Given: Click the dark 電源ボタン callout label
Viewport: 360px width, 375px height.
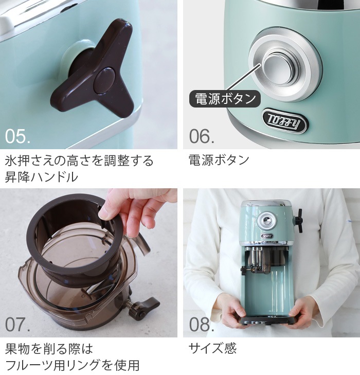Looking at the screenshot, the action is tap(225, 99).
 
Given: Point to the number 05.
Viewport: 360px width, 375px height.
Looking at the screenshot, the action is tap(17, 136).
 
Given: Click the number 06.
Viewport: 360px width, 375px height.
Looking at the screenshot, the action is tap(202, 136).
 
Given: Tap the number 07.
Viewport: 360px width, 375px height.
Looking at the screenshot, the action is tap(17, 325).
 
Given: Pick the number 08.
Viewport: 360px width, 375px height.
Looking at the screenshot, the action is tap(202, 325).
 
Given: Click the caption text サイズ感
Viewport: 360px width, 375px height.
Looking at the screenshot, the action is tap(212, 348).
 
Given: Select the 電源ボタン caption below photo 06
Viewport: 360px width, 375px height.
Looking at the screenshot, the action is tap(219, 160).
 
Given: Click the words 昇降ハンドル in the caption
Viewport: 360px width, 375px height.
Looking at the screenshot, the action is tap(41, 177).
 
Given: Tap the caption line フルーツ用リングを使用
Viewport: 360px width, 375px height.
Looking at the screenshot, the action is tap(72, 365).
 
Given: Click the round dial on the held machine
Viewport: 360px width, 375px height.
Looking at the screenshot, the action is tap(266, 220).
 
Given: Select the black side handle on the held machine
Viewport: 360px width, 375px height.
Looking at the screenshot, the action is tap(298, 221).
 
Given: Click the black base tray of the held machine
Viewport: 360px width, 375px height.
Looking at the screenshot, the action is tap(268, 321).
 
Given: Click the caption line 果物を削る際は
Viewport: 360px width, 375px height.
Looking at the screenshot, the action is tap(49, 349).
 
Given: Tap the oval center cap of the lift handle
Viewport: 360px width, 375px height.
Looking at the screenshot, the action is tap(104, 80).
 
